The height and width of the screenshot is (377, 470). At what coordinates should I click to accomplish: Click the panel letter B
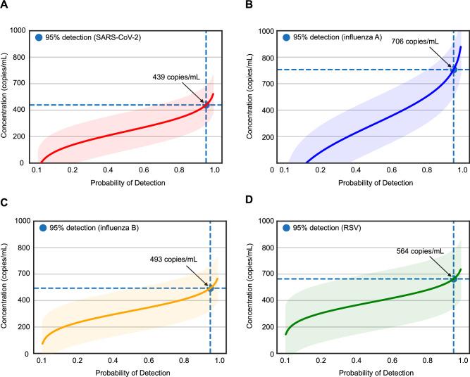[x=247, y=6]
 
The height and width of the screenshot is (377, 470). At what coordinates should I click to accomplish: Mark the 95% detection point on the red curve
[x=206, y=105]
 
